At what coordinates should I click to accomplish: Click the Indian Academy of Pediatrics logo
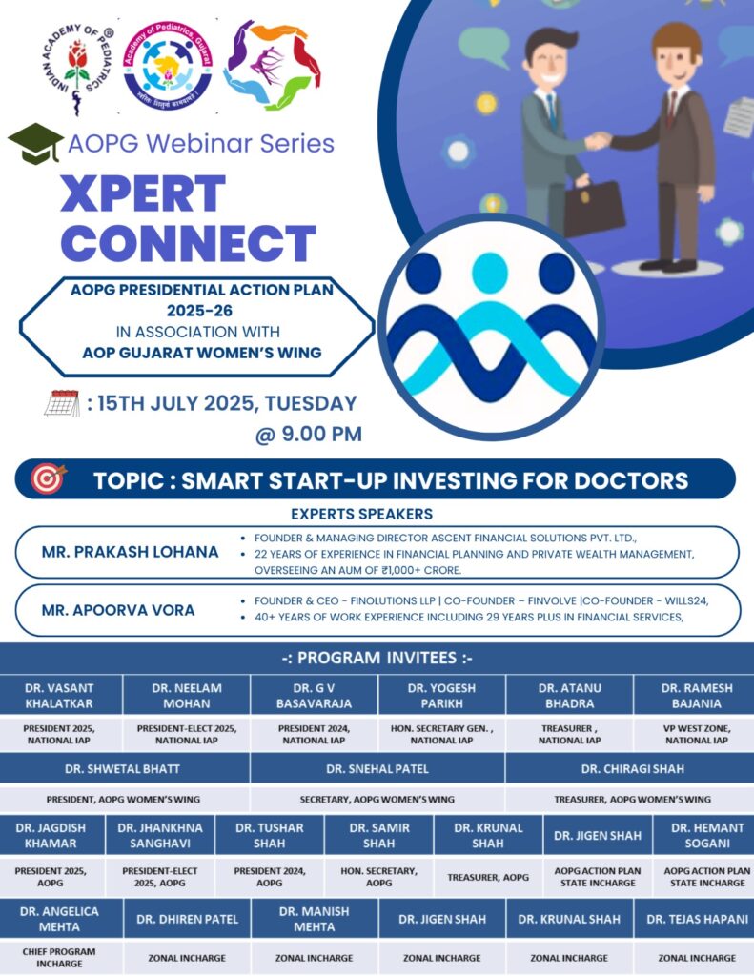click(x=77, y=69)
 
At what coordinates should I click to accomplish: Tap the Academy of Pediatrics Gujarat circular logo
click(x=168, y=66)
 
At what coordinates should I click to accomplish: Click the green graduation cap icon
click(x=35, y=143)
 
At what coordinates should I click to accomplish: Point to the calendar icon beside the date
click(x=62, y=403)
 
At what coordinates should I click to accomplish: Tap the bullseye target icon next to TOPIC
click(x=48, y=478)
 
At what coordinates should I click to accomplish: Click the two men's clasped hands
click(x=599, y=141)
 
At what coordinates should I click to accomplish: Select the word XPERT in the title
click(x=143, y=193)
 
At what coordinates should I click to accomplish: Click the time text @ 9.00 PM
click(x=309, y=434)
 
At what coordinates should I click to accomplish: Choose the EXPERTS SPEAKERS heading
click(x=361, y=514)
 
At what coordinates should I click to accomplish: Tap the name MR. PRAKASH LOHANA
click(x=131, y=552)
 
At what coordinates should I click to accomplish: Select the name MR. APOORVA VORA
click(x=118, y=610)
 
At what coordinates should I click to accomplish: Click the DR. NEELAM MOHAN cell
click(x=187, y=695)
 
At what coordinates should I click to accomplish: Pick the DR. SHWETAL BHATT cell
click(x=123, y=769)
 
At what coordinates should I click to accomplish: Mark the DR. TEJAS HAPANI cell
click(x=697, y=919)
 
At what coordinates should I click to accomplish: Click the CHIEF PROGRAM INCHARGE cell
click(x=59, y=957)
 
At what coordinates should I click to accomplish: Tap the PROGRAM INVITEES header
click(x=377, y=658)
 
